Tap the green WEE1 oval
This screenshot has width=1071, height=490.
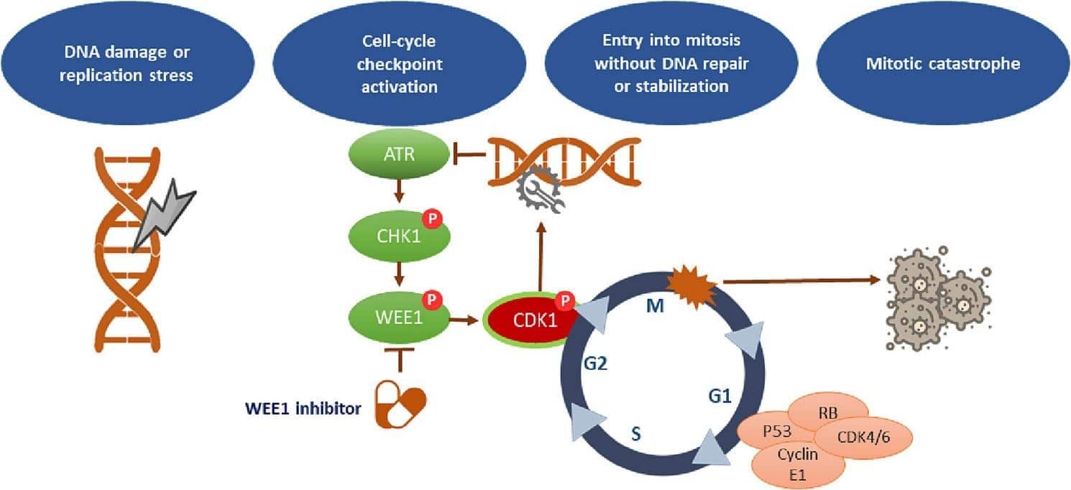(x=398, y=317)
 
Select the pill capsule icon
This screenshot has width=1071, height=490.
(x=401, y=405)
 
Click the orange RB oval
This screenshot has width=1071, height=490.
(x=828, y=412)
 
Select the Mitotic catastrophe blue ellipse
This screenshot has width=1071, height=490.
(x=943, y=65)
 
